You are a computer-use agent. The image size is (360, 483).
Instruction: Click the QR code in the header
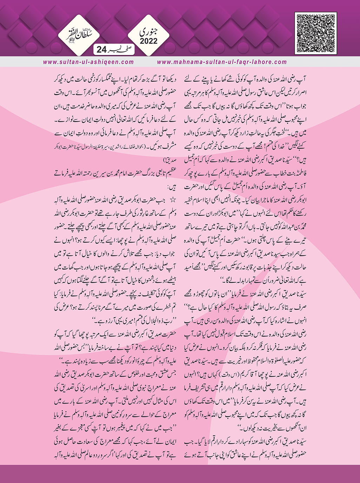[x=315, y=33]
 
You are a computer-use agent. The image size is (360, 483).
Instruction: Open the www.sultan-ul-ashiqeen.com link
[x=88, y=62]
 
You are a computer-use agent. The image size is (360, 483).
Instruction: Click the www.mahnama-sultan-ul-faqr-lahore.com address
[x=222, y=62]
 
